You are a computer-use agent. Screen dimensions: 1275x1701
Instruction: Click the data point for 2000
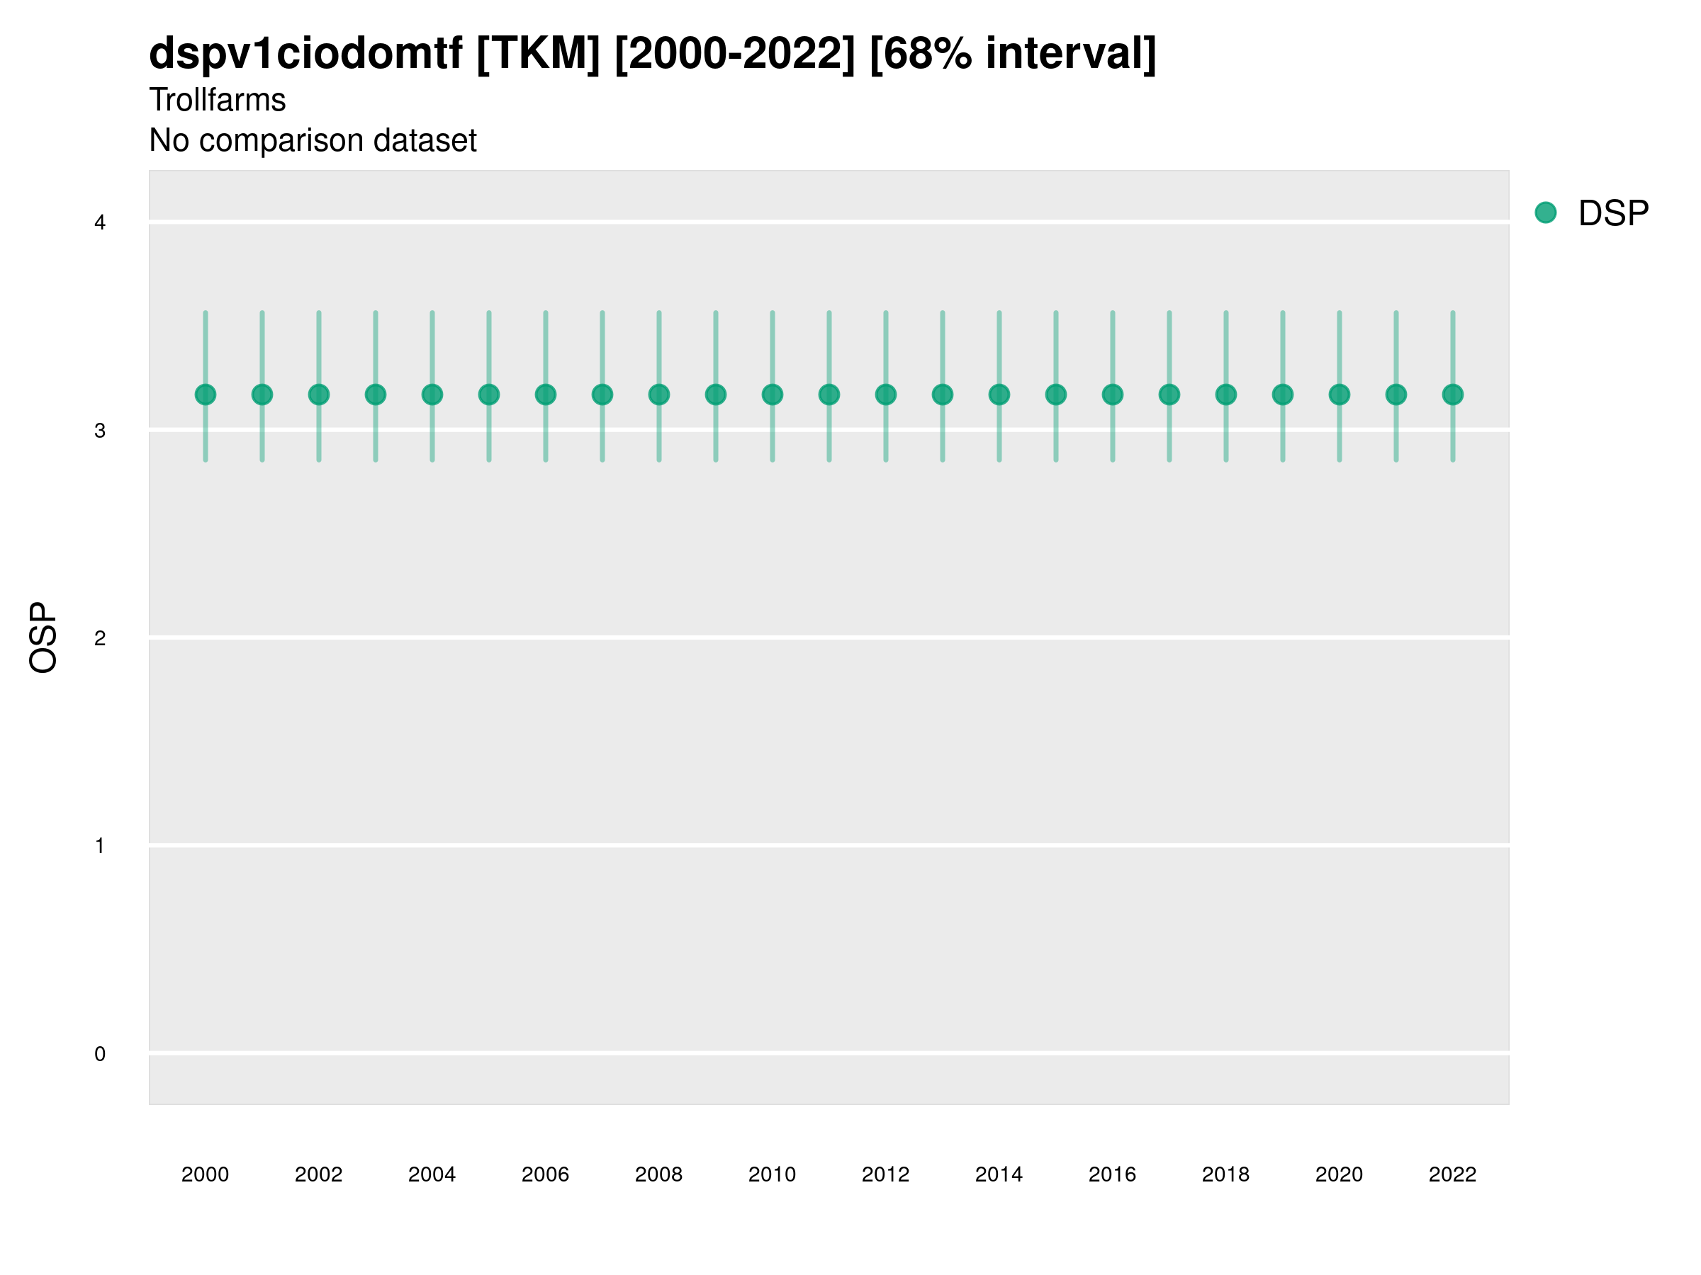pyautogui.click(x=206, y=395)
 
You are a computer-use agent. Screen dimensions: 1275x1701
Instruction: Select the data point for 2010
pyautogui.click(x=772, y=395)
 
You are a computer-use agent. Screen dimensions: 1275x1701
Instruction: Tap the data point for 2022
pyautogui.click(x=1453, y=395)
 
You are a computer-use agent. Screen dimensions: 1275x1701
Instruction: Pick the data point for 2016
pyautogui.click(x=1113, y=395)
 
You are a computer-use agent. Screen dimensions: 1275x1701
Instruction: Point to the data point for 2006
pyautogui.click(x=546, y=395)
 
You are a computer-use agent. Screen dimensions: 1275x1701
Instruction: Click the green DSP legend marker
pyautogui.click(x=1546, y=213)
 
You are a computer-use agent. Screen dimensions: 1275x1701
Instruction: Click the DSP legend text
pyautogui.click(x=1613, y=214)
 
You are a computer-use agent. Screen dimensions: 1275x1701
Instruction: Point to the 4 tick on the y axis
pyautogui.click(x=100, y=223)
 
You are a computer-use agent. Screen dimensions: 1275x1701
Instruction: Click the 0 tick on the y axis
pyautogui.click(x=100, y=1054)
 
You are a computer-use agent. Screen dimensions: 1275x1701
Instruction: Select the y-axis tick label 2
pyautogui.click(x=100, y=638)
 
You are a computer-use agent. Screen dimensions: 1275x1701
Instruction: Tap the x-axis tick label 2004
pyautogui.click(x=432, y=1174)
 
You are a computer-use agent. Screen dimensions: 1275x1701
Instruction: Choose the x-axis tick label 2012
pyautogui.click(x=886, y=1174)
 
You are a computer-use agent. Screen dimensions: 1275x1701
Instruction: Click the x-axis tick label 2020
pyautogui.click(x=1339, y=1174)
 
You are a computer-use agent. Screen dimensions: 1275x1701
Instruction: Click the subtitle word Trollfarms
pyautogui.click(x=218, y=100)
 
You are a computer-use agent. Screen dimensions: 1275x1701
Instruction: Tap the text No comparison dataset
pyautogui.click(x=313, y=141)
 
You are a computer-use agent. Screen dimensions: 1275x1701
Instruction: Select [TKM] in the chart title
pyautogui.click(x=538, y=54)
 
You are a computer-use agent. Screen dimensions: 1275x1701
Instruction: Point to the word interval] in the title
pyautogui.click(x=1070, y=54)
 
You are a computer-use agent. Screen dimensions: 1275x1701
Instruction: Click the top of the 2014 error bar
pyautogui.click(x=999, y=313)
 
